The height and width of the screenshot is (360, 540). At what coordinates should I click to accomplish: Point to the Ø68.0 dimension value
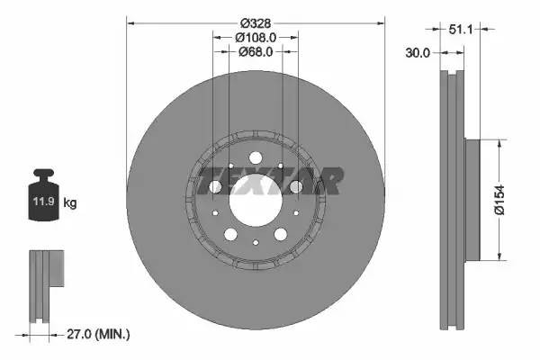tap(256, 51)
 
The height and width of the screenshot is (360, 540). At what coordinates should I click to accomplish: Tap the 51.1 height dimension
tap(462, 30)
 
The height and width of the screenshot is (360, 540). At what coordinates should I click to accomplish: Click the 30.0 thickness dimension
tap(417, 52)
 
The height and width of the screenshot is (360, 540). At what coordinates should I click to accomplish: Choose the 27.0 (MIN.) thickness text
tap(100, 334)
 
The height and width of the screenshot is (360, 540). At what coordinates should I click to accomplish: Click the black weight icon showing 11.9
tap(44, 193)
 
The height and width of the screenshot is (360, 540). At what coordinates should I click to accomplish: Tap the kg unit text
tap(70, 203)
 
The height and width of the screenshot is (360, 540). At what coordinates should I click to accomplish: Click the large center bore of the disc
tap(256, 201)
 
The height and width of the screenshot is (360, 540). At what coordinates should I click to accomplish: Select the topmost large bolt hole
tap(256, 148)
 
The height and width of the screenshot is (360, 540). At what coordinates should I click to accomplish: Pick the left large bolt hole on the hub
tap(216, 186)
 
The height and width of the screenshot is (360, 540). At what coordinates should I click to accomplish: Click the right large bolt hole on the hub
tap(296, 186)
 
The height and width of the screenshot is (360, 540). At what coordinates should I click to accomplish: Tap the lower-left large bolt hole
tap(230, 234)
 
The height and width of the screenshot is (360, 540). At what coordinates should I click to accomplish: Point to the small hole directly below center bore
tap(256, 241)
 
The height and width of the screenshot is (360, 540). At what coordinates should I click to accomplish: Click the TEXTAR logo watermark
tap(270, 181)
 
